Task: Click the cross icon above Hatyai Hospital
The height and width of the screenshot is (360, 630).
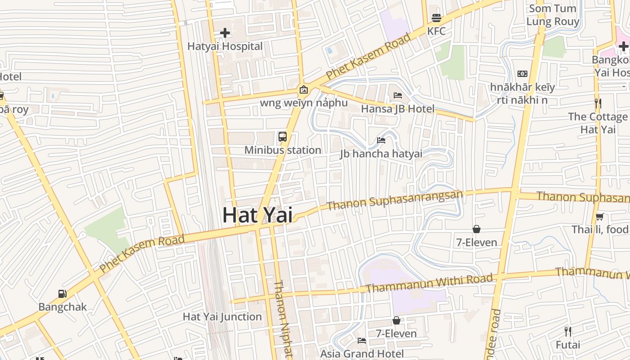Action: (225, 33)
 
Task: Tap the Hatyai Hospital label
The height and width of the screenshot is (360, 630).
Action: (225, 46)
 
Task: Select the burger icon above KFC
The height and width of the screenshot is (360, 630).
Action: (436, 18)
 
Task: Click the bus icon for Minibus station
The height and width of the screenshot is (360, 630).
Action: (283, 137)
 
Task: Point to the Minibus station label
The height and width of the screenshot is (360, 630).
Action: (283, 150)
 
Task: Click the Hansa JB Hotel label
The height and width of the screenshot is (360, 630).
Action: (398, 109)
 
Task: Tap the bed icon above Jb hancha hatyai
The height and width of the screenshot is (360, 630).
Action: (381, 140)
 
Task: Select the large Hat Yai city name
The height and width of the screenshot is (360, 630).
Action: (257, 215)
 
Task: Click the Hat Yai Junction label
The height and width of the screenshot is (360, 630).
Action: (222, 317)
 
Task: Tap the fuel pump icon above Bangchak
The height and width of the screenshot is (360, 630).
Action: (63, 294)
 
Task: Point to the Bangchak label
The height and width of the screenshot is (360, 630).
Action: (63, 307)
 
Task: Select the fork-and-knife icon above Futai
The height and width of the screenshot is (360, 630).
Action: (568, 332)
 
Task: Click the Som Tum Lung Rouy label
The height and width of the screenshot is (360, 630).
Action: (553, 15)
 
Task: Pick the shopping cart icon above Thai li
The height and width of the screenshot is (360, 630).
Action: (599, 216)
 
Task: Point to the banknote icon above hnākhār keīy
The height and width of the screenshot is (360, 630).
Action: (522, 74)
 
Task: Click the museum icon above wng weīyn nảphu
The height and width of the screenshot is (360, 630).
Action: (304, 90)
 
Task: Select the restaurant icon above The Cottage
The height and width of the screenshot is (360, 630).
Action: (598, 103)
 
